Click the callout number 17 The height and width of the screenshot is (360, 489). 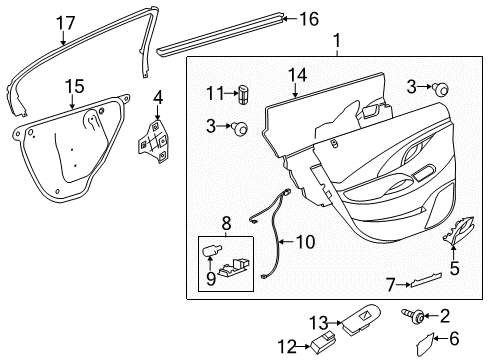click(65, 22)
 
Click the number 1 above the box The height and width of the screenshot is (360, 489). click(338, 42)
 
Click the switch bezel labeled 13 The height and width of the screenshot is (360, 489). click(366, 325)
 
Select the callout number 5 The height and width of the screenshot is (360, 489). click(453, 268)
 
